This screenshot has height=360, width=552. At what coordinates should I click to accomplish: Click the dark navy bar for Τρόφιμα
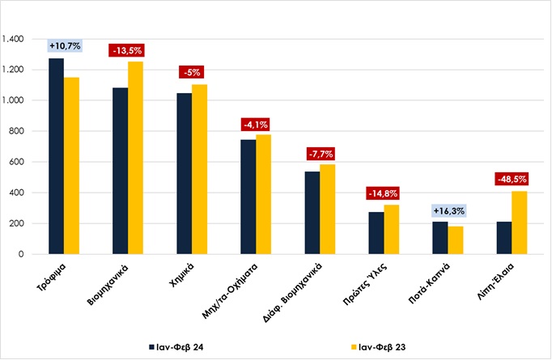click(56, 156)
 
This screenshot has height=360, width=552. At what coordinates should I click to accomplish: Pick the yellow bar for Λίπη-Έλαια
click(519, 222)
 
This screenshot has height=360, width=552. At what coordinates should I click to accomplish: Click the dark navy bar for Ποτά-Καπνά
click(439, 238)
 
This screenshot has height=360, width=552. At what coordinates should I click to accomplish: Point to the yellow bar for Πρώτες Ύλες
click(391, 230)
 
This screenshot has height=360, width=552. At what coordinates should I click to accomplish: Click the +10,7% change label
click(65, 46)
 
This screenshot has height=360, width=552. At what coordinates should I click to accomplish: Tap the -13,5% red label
click(128, 50)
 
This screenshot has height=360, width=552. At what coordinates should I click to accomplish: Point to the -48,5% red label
click(512, 180)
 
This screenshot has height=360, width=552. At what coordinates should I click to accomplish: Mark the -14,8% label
click(384, 193)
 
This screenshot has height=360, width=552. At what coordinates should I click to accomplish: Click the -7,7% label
click(320, 153)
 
